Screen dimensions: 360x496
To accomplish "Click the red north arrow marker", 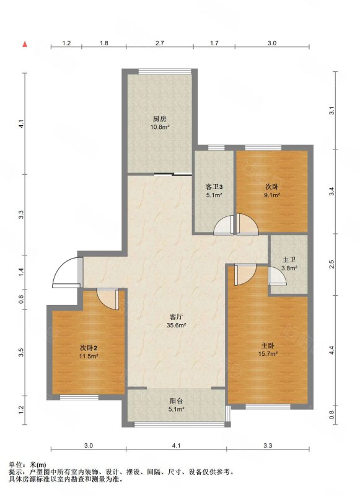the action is [x=25, y=44].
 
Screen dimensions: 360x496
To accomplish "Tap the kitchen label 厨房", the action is [x=160, y=119].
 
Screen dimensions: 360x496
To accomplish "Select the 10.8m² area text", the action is [x=160, y=127].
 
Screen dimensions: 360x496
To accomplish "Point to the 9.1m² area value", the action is [x=272, y=195].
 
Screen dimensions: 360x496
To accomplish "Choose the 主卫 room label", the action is [x=289, y=260].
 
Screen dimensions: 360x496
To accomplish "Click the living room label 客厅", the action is [x=177, y=317].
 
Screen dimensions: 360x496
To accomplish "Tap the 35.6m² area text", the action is [x=177, y=325].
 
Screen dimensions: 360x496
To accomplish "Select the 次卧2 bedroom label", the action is [x=89, y=348].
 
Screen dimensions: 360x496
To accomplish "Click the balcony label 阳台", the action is [x=176, y=401].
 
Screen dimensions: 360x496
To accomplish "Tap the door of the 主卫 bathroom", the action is [x=277, y=276].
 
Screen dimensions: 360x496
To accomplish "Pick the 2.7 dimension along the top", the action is [x=160, y=43].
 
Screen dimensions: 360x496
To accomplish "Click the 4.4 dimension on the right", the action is [x=331, y=350].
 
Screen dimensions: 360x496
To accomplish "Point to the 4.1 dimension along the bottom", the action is [x=176, y=446].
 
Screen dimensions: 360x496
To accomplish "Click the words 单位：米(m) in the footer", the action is [x=27, y=465].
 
